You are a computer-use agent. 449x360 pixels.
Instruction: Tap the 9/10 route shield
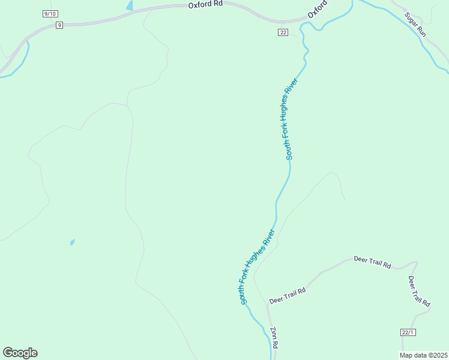pyautogui.click(x=51, y=13)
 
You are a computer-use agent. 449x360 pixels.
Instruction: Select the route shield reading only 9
pyautogui.click(x=59, y=25)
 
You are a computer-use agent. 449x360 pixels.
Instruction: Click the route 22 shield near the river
pyautogui.click(x=283, y=32)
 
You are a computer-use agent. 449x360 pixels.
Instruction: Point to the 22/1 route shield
pyautogui.click(x=408, y=332)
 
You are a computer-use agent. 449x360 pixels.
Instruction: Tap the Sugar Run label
pyautogui.click(x=415, y=25)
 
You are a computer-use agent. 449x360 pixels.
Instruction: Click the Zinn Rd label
pyautogui.click(x=274, y=337)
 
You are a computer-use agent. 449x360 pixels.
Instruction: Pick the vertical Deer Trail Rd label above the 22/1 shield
pyautogui.click(x=419, y=292)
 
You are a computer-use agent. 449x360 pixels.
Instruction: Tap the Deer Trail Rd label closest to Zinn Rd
pyautogui.click(x=288, y=295)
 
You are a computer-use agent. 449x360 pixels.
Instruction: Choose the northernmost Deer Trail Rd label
pyautogui.click(x=372, y=262)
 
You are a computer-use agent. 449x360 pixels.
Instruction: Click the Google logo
pyautogui.click(x=20, y=352)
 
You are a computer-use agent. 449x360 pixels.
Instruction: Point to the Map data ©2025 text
pyautogui.click(x=423, y=355)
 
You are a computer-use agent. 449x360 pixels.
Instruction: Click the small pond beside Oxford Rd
pyautogui.click(x=129, y=5)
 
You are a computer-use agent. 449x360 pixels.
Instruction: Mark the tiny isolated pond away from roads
pyautogui.click(x=72, y=242)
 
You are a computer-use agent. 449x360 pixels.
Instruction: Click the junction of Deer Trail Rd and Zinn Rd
pyautogui.click(x=267, y=305)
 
